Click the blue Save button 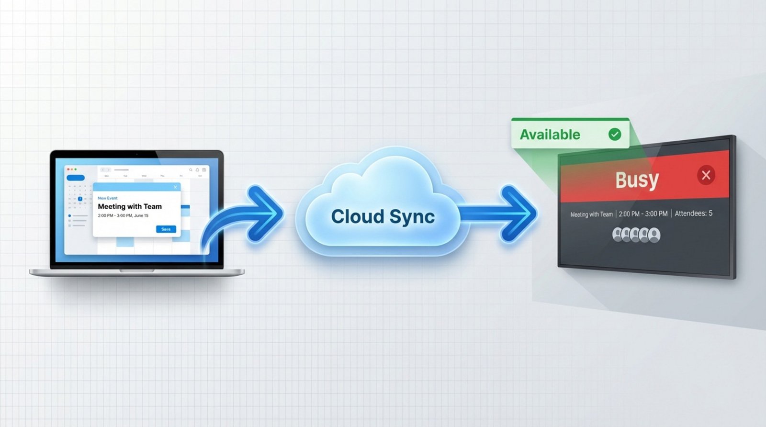click(166, 229)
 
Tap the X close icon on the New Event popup click(175, 187)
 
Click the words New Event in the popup click(108, 198)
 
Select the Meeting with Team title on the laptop click(130, 206)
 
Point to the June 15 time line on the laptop click(123, 215)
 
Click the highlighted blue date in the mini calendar click(80, 199)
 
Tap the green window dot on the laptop click(76, 169)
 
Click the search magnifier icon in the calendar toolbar click(191, 170)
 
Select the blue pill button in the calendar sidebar click(75, 178)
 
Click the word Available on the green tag click(550, 135)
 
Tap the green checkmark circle click(615, 135)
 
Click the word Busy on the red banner click(637, 180)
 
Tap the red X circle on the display click(706, 175)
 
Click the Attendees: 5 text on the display click(693, 213)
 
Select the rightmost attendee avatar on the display click(654, 235)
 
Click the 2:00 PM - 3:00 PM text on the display click(643, 214)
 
